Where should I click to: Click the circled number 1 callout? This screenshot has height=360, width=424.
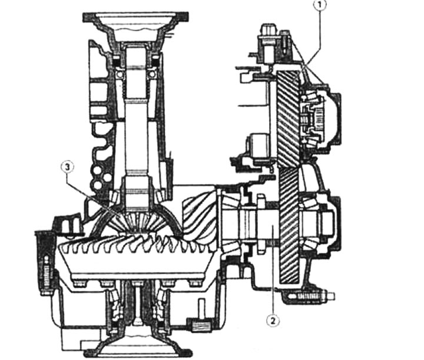[319, 5]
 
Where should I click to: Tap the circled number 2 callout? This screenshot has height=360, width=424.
[273, 321]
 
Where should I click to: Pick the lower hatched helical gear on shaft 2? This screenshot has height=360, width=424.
[289, 225]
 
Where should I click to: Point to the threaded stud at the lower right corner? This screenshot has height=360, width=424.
[316, 296]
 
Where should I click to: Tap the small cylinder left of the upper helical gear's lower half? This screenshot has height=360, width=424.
[258, 146]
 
